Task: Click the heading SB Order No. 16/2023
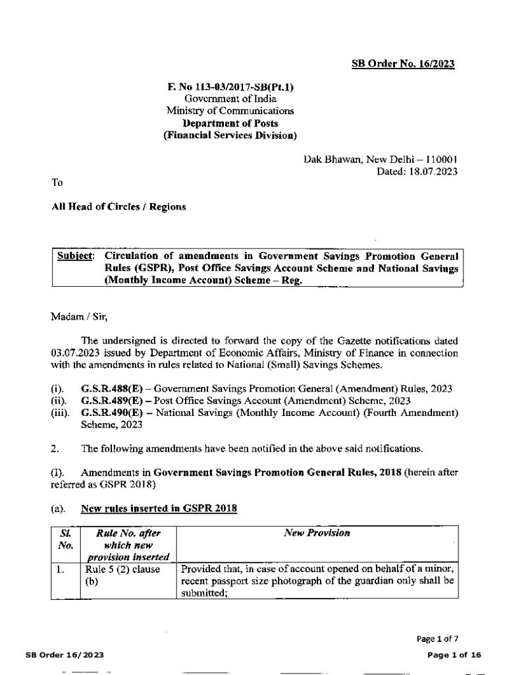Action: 403,64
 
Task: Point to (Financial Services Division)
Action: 230,136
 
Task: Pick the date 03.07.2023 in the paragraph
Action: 75,353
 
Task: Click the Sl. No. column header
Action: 65,539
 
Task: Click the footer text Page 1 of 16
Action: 454,655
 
